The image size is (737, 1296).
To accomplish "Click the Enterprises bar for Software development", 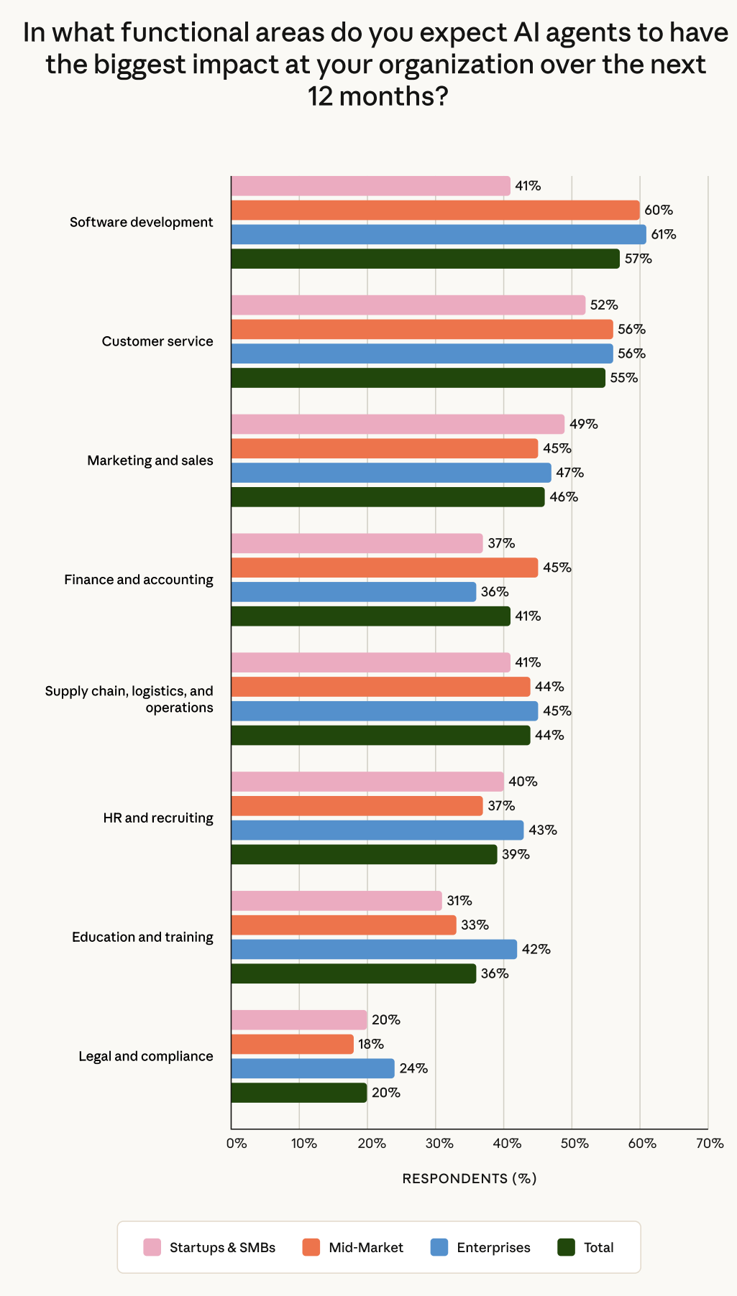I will (439, 234).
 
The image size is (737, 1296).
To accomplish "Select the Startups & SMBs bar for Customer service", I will (408, 305).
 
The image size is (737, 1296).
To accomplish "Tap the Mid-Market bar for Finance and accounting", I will (384, 568).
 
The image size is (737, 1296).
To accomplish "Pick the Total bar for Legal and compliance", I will (298, 1093).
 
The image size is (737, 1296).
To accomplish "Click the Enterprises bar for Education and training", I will (374, 949).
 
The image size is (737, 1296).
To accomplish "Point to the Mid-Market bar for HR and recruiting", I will (357, 806).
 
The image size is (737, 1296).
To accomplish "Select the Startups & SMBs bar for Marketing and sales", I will (398, 424).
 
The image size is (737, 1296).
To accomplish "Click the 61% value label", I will (664, 234).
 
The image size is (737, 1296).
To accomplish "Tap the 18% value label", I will (371, 1044).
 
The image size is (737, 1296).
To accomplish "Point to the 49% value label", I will (584, 424).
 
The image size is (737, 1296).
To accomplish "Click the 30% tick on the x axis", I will (439, 1143).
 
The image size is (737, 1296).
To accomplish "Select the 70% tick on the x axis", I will (710, 1143).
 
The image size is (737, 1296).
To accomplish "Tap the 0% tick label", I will (237, 1143).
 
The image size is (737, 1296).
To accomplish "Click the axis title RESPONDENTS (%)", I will (470, 1178).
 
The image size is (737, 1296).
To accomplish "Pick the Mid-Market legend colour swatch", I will (311, 1247).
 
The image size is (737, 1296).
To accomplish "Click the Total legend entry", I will (586, 1247).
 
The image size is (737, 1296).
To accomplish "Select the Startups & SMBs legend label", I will (222, 1247).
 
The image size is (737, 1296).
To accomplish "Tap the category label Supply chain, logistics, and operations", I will (129, 699).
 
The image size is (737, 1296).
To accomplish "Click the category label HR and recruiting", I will (158, 818).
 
